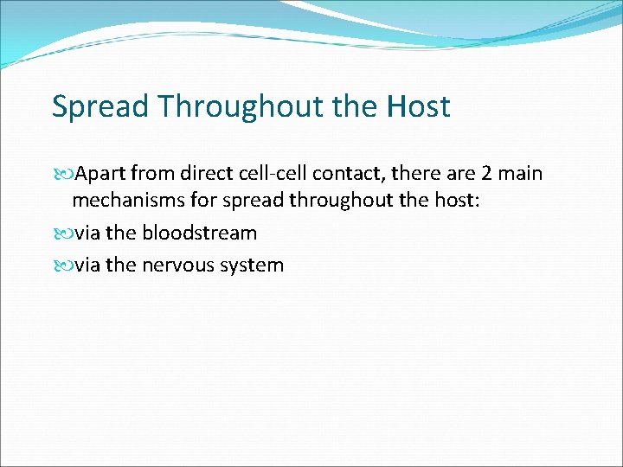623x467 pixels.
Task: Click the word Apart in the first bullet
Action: click(x=100, y=174)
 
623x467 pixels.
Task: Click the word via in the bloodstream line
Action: click(x=88, y=233)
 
